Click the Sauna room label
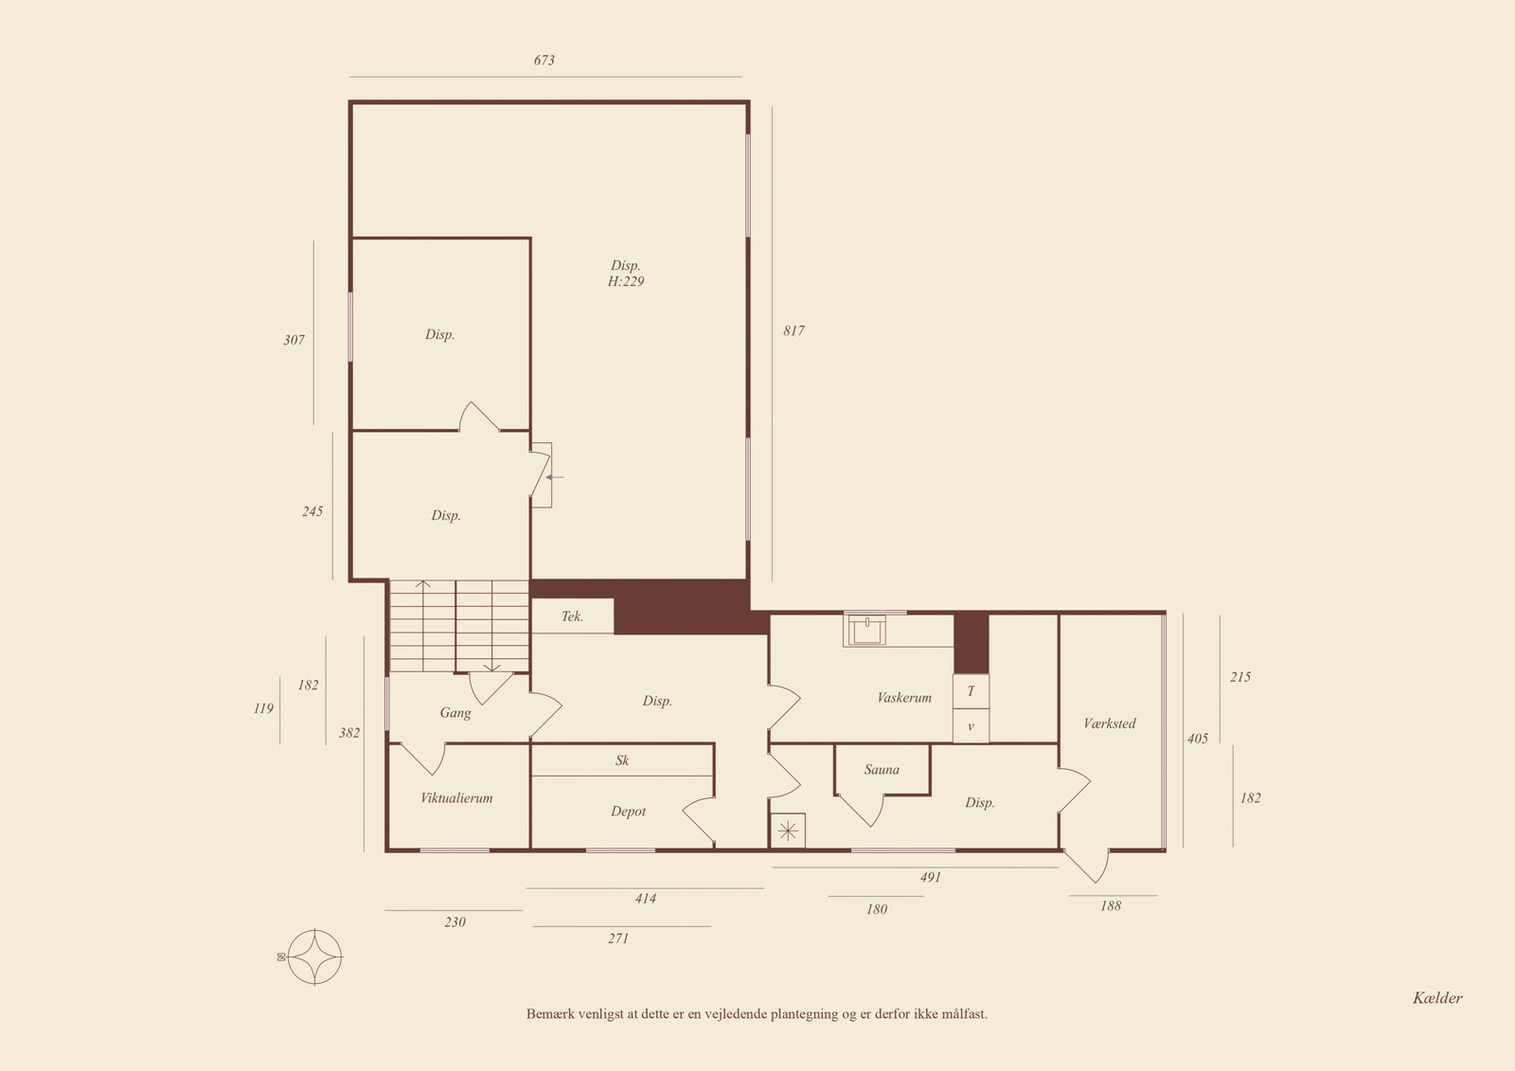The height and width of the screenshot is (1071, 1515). click(x=882, y=769)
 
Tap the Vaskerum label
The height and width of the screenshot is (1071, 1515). click(x=903, y=698)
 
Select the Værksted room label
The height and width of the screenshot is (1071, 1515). click(x=1109, y=723)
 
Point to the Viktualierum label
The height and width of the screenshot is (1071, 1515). click(x=456, y=797)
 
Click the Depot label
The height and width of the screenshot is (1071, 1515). click(x=629, y=812)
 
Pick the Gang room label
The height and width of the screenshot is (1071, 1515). click(x=455, y=712)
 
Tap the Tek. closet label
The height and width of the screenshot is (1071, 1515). click(x=572, y=616)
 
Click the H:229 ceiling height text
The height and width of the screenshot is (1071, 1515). click(x=626, y=281)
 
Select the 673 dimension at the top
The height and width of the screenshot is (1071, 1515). click(x=544, y=61)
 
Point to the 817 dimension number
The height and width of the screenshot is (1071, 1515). click(x=794, y=330)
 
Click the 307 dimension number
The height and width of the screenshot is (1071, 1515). click(x=294, y=340)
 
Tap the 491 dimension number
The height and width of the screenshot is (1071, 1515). click(x=931, y=878)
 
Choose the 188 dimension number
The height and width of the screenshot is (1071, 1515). click(x=1111, y=906)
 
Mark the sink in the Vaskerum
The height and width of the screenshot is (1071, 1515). click(x=867, y=629)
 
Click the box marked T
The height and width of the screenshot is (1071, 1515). click(x=971, y=691)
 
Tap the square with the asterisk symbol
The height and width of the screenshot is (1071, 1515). click(x=788, y=830)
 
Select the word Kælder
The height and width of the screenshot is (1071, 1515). click(x=1437, y=998)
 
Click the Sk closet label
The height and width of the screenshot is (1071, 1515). click(x=622, y=760)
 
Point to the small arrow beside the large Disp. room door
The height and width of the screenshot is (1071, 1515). click(x=555, y=477)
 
